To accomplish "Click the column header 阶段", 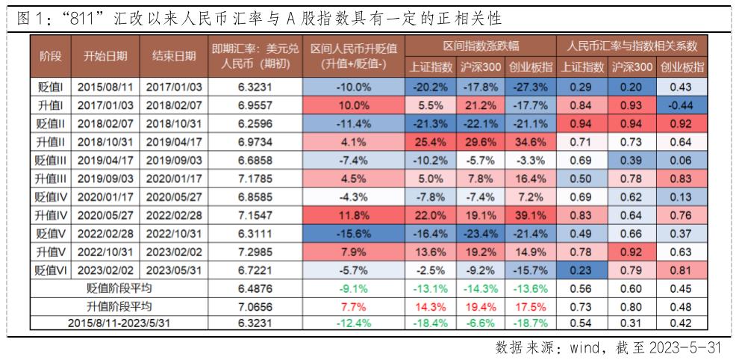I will (50, 56).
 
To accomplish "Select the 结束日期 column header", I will (173, 56).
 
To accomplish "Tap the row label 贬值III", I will (50, 160).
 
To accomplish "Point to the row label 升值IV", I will (50, 214).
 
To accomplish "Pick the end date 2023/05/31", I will (173, 269).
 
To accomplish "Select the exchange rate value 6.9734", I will (254, 142).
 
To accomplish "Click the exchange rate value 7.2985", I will (254, 251).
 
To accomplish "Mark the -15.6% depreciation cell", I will (354, 232).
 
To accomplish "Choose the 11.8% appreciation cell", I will (354, 214).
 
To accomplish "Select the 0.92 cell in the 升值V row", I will (632, 251).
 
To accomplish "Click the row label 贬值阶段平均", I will (119, 288).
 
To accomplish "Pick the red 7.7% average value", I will (354, 305).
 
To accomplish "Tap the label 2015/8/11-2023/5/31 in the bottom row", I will (119, 323).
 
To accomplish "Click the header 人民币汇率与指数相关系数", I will (632, 46).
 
